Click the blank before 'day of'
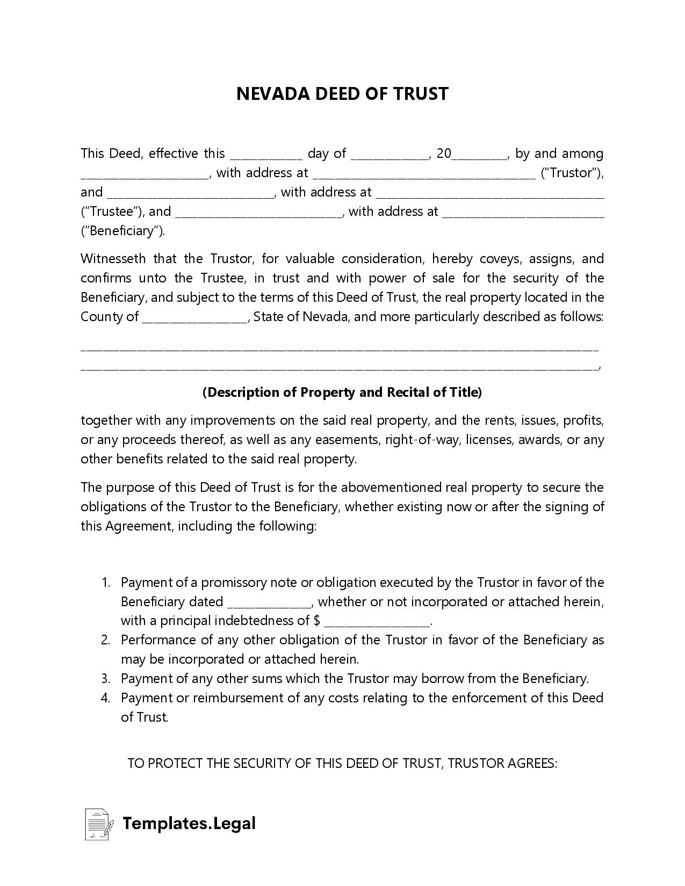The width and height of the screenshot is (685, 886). (266, 155)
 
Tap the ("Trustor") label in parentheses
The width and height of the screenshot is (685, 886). (572, 173)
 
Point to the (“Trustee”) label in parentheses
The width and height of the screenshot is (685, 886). (111, 212)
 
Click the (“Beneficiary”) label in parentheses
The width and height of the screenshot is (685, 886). (123, 231)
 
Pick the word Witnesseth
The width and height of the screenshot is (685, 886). (113, 259)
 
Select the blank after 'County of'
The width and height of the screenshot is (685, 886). (194, 317)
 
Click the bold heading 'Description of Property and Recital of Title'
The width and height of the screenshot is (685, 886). (342, 393)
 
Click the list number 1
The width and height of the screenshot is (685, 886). (105, 583)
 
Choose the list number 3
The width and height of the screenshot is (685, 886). (105, 679)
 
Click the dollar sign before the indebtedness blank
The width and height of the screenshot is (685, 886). (316, 621)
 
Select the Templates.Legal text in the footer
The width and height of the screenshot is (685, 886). (189, 824)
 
